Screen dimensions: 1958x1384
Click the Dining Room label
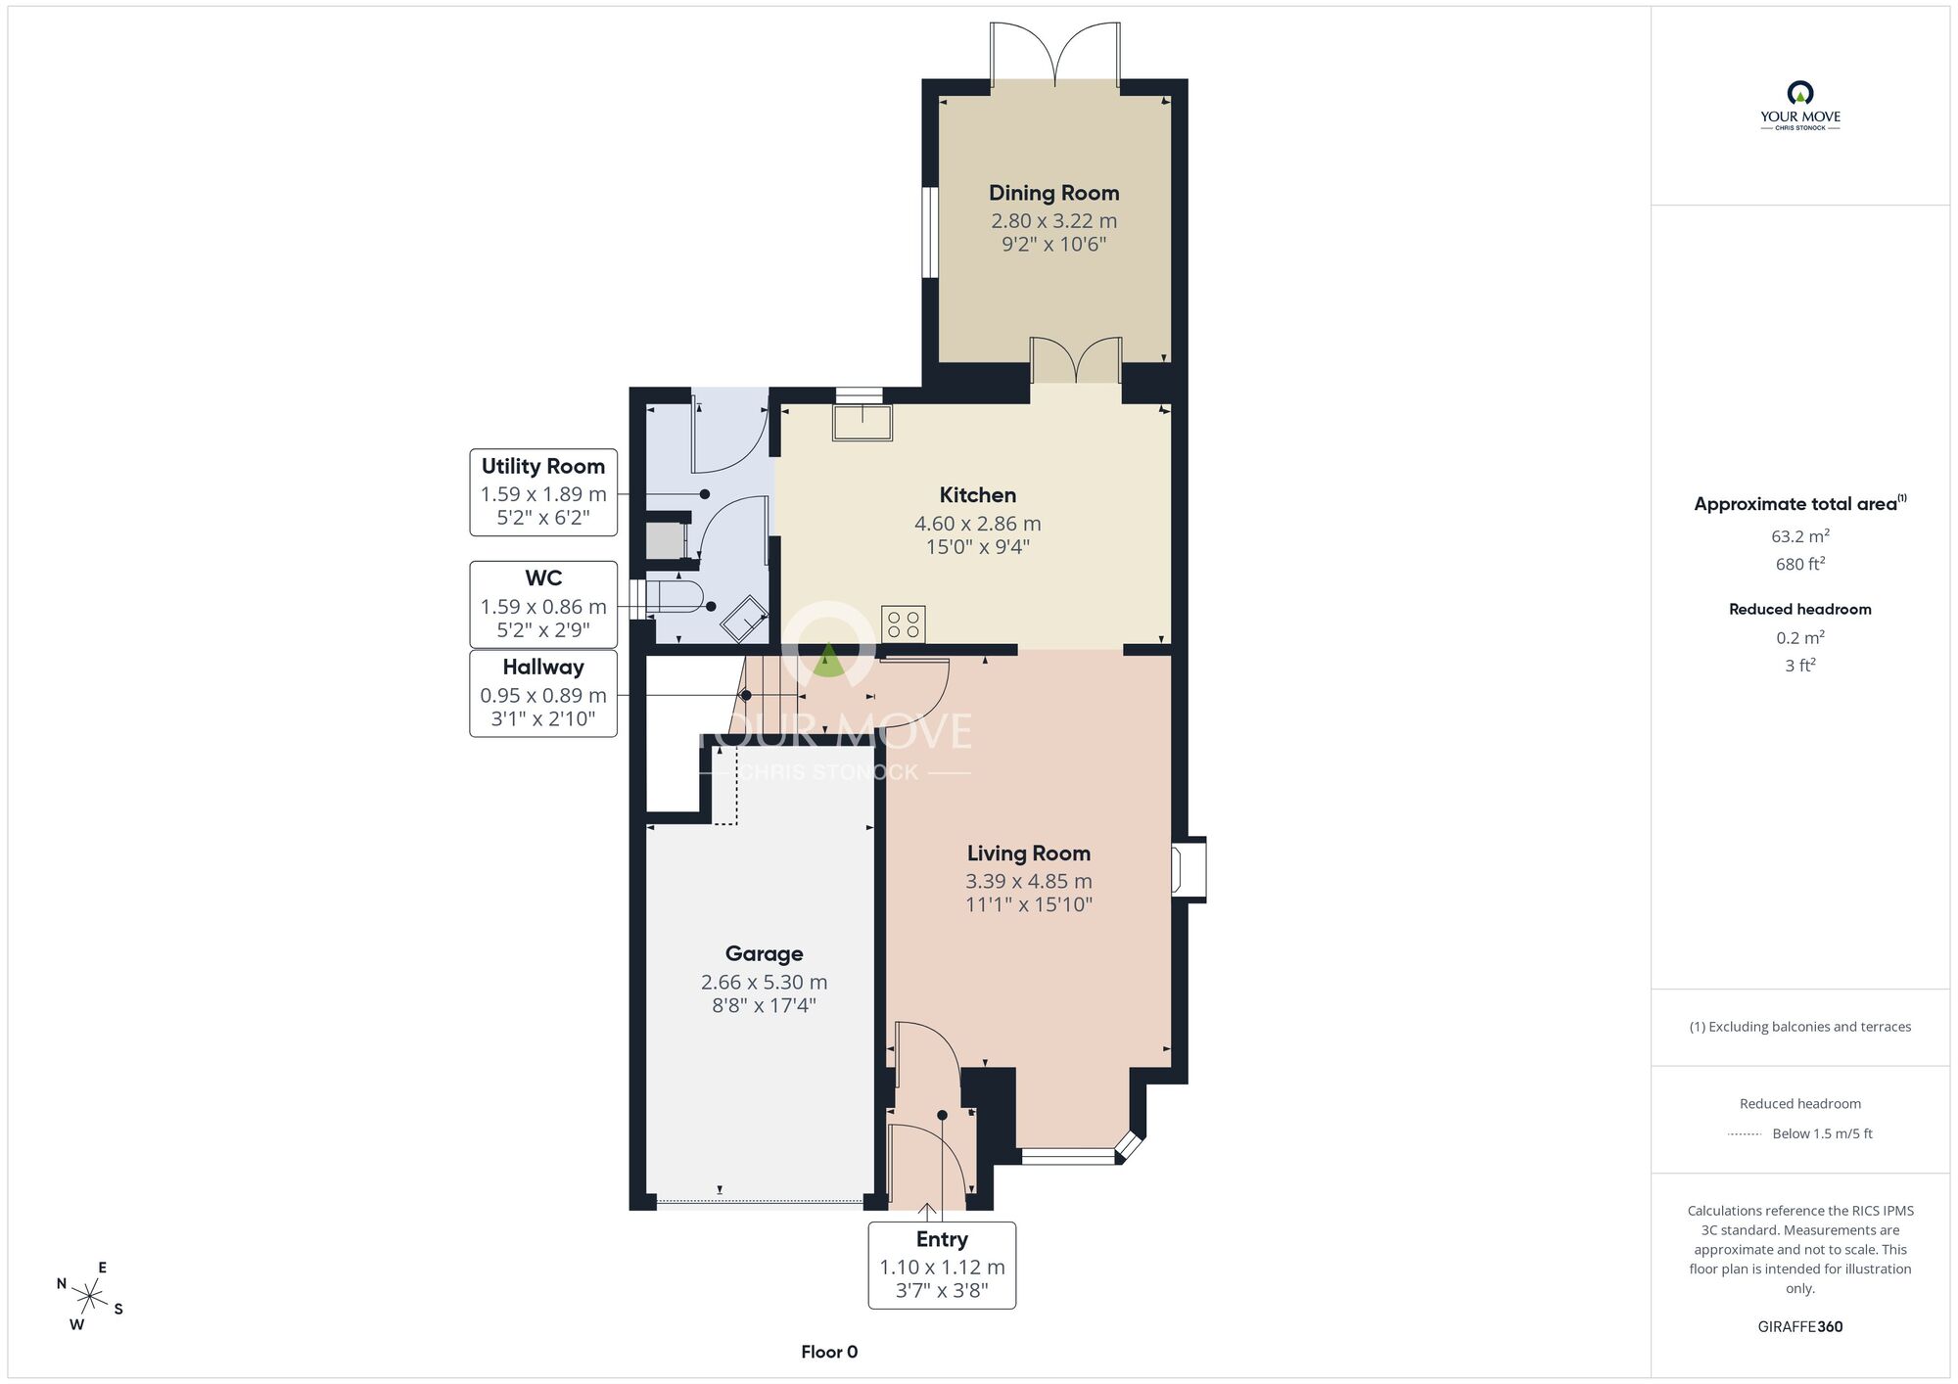pyautogui.click(x=1053, y=193)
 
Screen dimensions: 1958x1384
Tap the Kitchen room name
pyautogui.click(x=977, y=495)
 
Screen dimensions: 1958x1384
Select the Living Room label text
pyautogui.click(x=1028, y=853)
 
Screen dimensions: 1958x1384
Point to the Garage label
pyautogui.click(x=764, y=953)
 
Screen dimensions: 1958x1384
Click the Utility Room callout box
pyautogui.click(x=543, y=492)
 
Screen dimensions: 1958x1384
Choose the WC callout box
pyautogui.click(x=543, y=604)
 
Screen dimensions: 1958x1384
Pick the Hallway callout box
pyautogui.click(x=543, y=693)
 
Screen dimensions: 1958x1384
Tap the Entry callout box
pyautogui.click(x=942, y=1265)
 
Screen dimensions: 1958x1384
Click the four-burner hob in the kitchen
pyautogui.click(x=903, y=624)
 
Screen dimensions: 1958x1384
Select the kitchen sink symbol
pyautogui.click(x=862, y=422)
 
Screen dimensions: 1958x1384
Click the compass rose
pyautogui.click(x=90, y=1298)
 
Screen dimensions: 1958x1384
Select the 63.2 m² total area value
pyautogui.click(x=1800, y=535)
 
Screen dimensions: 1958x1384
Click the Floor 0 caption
pyautogui.click(x=829, y=1352)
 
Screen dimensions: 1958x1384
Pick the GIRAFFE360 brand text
pyautogui.click(x=1800, y=1326)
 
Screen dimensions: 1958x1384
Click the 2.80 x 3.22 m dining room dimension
pyautogui.click(x=1053, y=221)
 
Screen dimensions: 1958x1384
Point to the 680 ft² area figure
pyautogui.click(x=1800, y=563)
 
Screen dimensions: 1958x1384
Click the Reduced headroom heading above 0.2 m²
pyautogui.click(x=1800, y=609)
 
